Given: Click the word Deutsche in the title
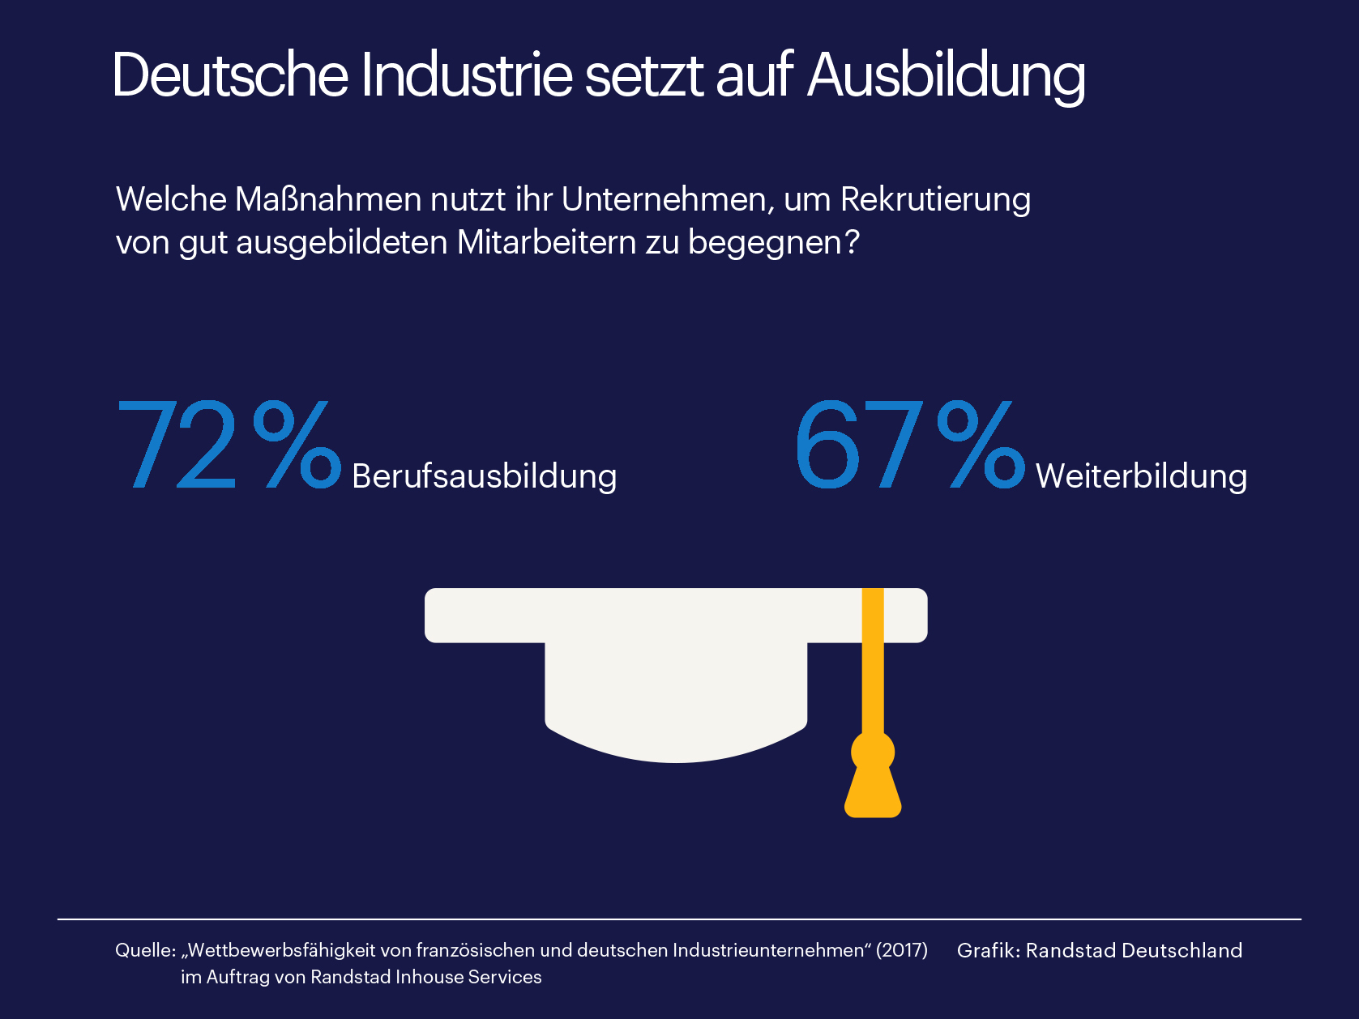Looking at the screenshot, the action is click(230, 75).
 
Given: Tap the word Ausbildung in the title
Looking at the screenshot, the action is click(946, 77).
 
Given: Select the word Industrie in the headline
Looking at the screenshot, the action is click(467, 75).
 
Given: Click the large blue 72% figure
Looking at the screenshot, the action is click(229, 444).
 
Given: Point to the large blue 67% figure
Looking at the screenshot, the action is click(909, 444).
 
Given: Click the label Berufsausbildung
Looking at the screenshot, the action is click(484, 477).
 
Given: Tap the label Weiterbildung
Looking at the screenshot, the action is click(1141, 477).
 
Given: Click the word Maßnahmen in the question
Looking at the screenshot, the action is click(328, 199).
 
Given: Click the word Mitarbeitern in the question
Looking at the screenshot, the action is click(547, 242).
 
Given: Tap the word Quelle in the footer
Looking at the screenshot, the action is click(143, 950).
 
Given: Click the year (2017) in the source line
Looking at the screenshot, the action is click(901, 950).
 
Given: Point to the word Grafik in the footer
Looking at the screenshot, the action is click(985, 950).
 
